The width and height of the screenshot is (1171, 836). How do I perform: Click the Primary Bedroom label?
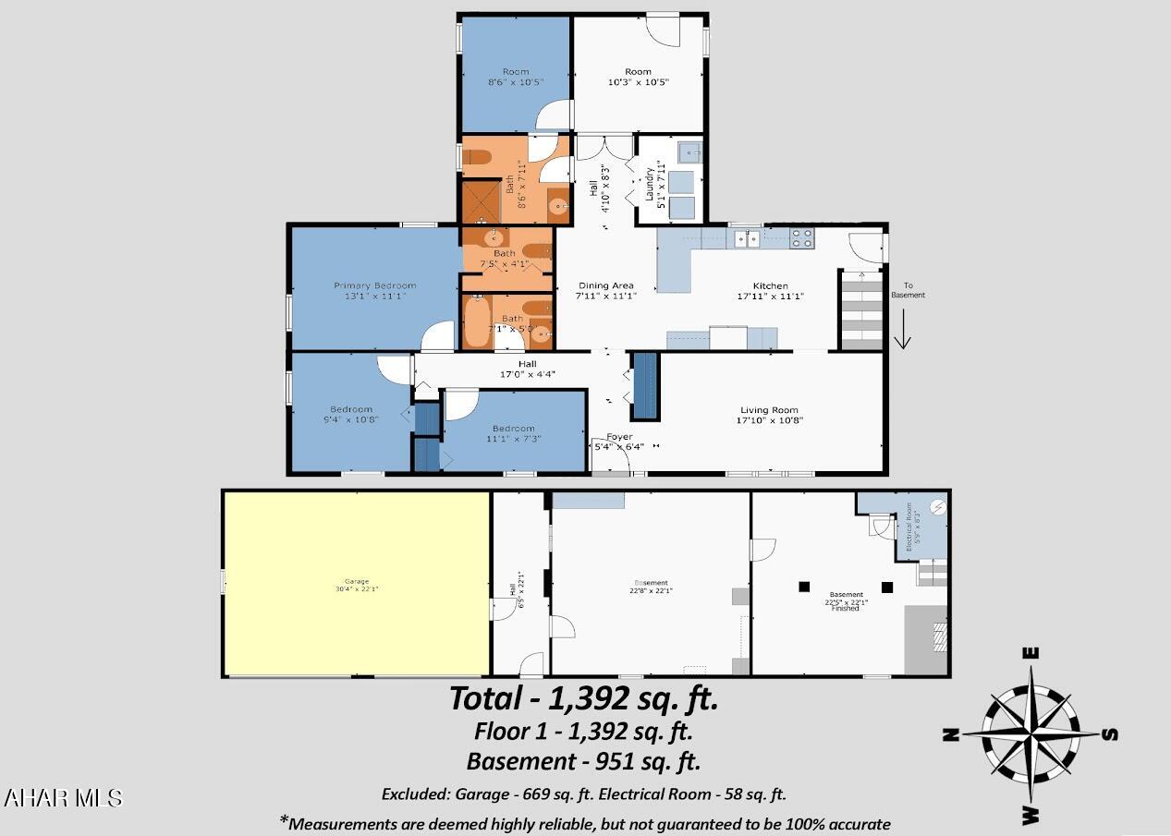pos(374,285)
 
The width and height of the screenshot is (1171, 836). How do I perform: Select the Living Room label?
pos(769,410)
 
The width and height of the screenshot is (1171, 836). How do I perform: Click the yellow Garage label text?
pos(356,582)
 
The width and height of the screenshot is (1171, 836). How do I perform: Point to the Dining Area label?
pos(605,285)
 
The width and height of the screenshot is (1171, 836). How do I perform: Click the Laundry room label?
pos(651,183)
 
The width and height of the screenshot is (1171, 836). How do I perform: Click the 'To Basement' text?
pos(907,290)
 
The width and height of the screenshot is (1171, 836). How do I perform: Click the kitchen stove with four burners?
pos(801,238)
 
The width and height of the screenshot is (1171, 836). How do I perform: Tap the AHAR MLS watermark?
pos(63,798)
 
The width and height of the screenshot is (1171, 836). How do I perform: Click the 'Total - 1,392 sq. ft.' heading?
pos(583,698)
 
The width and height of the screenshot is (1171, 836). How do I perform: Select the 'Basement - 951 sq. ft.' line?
pos(583,761)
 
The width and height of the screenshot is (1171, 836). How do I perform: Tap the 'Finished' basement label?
pos(846,609)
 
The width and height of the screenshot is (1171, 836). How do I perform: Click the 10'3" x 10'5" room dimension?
pos(638,82)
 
